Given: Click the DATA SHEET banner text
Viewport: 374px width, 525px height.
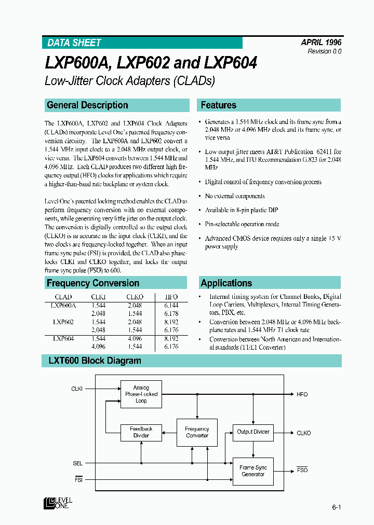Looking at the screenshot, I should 74,43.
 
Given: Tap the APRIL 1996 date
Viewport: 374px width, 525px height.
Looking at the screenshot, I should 321,43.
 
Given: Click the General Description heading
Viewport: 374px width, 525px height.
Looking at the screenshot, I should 87,105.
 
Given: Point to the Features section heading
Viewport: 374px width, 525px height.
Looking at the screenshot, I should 218,105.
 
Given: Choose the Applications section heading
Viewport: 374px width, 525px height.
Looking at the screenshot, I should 226,283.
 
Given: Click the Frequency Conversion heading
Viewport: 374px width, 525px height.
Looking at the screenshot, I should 93,283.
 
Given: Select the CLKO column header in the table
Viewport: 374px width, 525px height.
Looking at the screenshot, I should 135,297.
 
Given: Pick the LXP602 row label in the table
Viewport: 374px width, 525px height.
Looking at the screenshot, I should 63,322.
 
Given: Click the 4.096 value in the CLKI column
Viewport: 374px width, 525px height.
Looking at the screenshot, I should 98,346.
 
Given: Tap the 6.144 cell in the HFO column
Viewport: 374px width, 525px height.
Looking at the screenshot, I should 171,306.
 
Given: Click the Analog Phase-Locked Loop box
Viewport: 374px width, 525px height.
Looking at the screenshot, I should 141,394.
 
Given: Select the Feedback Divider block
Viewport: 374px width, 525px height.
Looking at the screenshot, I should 141,432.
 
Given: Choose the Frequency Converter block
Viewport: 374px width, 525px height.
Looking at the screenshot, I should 197,432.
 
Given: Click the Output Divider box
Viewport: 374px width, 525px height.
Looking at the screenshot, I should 253,432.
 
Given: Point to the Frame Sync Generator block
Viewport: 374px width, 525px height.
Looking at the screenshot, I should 253,471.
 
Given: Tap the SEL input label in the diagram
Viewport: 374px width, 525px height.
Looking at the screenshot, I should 77,463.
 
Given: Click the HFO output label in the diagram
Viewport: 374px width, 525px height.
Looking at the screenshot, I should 302,394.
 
